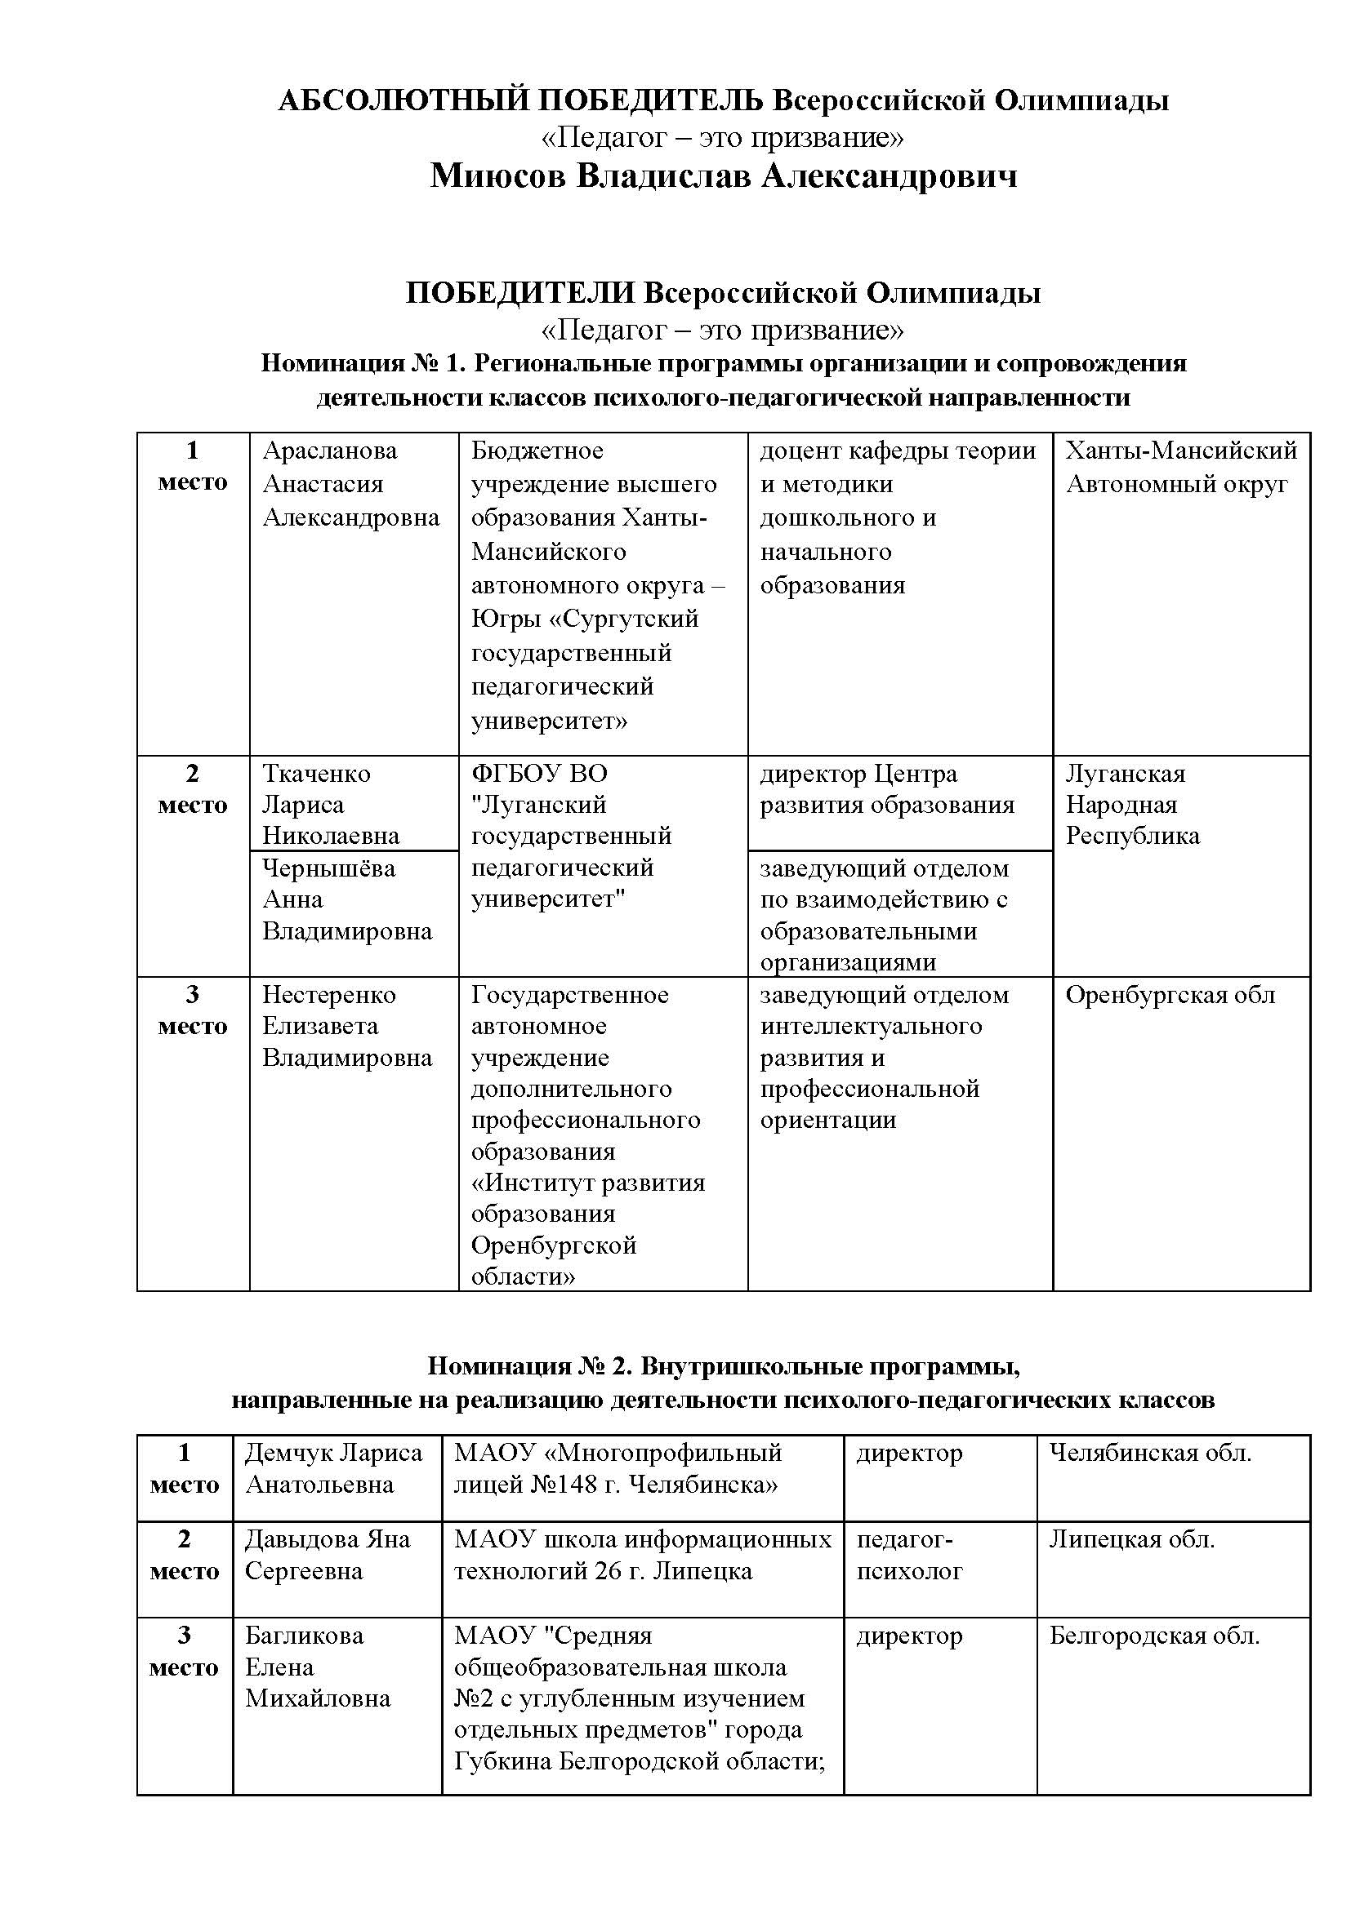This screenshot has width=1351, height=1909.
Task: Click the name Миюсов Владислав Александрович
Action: click(x=723, y=176)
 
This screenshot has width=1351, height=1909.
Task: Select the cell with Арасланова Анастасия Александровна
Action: click(x=350, y=484)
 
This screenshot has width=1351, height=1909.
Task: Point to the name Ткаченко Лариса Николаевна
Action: click(x=330, y=804)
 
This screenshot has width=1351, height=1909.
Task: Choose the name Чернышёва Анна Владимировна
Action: click(x=347, y=899)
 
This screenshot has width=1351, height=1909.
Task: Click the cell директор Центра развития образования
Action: click(x=887, y=789)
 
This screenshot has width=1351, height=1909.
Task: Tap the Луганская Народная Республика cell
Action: click(x=1132, y=804)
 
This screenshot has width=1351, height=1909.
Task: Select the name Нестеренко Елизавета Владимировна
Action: click(x=347, y=1026)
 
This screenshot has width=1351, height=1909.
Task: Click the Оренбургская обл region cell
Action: click(x=1170, y=995)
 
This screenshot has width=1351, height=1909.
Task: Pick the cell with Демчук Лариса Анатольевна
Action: click(x=333, y=1468)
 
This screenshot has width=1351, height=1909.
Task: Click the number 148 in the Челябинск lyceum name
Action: click(x=571, y=1484)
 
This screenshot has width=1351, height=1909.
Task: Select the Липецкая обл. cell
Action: click(x=1131, y=1539)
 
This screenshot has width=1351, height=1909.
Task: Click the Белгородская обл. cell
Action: click(x=1154, y=1636)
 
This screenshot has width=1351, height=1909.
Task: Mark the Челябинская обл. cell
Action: click(x=1150, y=1453)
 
